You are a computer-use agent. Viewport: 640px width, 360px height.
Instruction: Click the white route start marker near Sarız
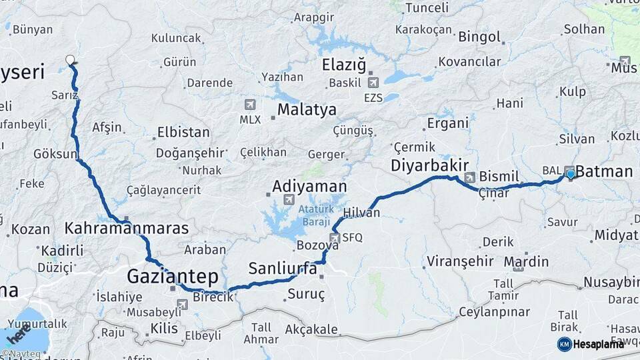(x=70, y=60)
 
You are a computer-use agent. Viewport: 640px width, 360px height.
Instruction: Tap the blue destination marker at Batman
(x=570, y=174)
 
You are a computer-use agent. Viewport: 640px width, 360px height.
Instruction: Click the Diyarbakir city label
(x=429, y=165)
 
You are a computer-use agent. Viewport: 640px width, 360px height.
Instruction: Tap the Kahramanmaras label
(x=127, y=229)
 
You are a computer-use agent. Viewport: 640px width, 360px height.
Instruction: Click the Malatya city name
(x=307, y=109)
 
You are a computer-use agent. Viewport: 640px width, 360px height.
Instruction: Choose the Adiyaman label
(x=309, y=186)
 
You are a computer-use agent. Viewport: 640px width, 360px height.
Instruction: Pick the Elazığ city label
(x=344, y=65)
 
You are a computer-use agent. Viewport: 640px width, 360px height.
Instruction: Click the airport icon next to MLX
(x=250, y=104)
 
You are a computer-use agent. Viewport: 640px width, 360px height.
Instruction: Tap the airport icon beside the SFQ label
(x=335, y=237)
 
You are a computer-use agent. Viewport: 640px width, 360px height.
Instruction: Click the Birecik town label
(x=213, y=297)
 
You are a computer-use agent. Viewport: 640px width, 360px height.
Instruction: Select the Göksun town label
(x=55, y=154)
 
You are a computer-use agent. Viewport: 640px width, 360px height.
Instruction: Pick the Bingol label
(x=479, y=35)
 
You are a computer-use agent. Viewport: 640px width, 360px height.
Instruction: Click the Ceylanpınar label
(x=494, y=312)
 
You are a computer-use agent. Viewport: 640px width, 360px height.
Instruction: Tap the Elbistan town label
(x=183, y=132)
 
